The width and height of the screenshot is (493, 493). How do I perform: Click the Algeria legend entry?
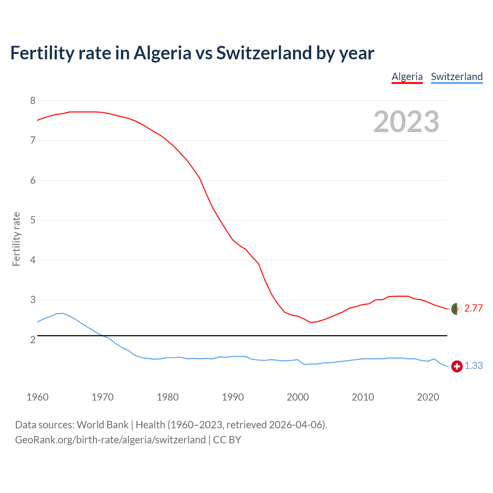407,77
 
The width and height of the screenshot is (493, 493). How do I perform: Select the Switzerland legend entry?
456,77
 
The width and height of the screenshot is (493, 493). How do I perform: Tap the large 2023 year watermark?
406,122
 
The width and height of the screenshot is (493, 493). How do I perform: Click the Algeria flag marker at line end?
456,309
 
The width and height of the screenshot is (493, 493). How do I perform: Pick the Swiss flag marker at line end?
456,366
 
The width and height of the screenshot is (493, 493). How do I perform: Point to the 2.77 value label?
473,308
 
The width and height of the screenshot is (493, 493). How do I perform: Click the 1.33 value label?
473,366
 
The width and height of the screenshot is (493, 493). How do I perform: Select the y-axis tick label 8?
33,101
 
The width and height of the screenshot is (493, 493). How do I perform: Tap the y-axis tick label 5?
33,220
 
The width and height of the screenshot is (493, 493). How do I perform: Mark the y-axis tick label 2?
33,340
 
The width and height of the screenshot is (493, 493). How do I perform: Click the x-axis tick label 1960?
37,397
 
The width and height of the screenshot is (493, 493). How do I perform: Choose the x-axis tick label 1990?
233,397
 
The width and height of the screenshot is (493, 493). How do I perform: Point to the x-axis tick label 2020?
428,397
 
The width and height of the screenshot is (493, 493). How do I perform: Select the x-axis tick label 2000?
298,397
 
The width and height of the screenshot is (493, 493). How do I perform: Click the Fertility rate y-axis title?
16,239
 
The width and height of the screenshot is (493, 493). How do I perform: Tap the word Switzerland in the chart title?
264,53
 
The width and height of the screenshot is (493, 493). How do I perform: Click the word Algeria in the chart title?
162,53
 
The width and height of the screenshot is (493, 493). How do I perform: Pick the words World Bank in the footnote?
102,425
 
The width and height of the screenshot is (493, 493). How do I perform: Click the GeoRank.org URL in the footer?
110,440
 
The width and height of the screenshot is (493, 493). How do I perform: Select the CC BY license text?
227,440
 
